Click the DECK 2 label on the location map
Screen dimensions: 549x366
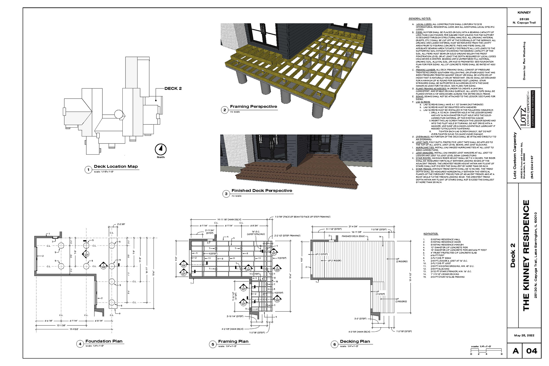pos(173,89)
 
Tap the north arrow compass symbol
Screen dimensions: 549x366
pos(161,149)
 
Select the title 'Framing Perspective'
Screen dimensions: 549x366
pos(253,107)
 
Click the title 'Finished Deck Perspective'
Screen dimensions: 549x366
pos(262,191)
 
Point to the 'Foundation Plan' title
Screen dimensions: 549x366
pos(104,341)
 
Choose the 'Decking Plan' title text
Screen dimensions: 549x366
pos(355,341)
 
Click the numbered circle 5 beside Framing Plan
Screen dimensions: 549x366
pos(213,344)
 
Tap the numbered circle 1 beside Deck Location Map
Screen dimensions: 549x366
pos(88,170)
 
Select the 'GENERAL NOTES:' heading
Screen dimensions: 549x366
pos(419,19)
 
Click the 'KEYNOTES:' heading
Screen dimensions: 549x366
pos(431,234)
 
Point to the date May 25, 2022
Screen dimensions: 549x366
pos(524,335)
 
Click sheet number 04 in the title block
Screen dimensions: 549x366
pos(532,351)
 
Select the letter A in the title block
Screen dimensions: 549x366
pos(516,351)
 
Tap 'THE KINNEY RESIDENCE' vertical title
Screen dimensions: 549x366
pos(526,255)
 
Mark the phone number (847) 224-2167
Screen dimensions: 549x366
pos(532,167)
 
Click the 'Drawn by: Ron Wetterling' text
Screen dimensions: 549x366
pos(524,61)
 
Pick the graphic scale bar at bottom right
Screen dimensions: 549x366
pos(486,351)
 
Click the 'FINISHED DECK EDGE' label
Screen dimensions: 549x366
pos(353,236)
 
